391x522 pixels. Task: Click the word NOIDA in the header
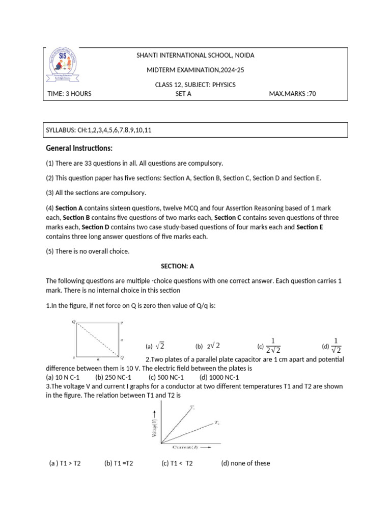point(244,55)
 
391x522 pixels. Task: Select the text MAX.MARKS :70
point(292,94)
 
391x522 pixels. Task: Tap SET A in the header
point(183,94)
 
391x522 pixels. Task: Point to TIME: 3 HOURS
point(69,94)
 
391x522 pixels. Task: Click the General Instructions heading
point(79,148)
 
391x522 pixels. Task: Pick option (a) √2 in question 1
point(155,346)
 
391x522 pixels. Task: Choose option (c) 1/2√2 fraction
point(270,345)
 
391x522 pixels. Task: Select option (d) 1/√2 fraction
point(332,345)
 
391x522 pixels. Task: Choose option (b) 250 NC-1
point(113,377)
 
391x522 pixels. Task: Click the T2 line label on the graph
point(216,423)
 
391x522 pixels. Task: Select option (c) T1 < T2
point(177,463)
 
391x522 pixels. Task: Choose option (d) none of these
point(245,463)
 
